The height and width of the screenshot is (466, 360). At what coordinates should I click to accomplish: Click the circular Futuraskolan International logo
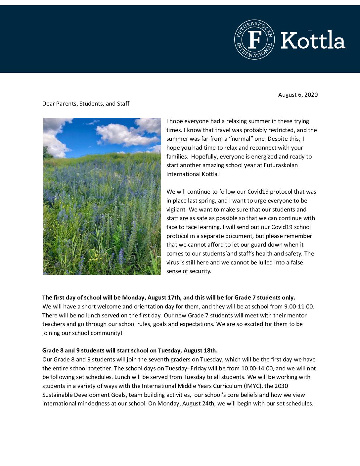[x=254, y=39]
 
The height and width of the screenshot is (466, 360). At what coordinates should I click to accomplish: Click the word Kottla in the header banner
[x=313, y=40]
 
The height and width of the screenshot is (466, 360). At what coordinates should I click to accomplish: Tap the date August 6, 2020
[x=298, y=95]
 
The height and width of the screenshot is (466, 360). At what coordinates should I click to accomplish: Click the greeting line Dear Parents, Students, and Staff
[x=86, y=104]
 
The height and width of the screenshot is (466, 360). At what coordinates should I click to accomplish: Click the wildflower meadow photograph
[x=102, y=196]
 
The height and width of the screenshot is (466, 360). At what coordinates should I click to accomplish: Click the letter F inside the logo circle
[x=254, y=39]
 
